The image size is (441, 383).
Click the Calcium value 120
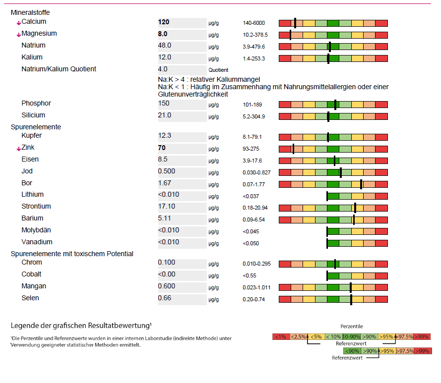pos(164,22)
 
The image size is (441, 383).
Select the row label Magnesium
pos(39,34)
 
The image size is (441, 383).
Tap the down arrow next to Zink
pos(18,148)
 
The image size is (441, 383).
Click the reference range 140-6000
pos(254,23)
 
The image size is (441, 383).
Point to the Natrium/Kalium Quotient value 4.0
pos(163,69)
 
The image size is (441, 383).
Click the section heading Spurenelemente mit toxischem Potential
pos(72,254)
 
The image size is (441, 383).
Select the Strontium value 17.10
pos(166,207)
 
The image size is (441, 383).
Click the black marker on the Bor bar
pos(361,184)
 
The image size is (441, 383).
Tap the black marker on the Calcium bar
pos(295,23)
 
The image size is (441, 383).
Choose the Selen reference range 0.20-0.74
pos(253,300)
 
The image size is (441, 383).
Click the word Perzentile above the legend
pos(351,327)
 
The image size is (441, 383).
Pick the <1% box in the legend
pos(280,337)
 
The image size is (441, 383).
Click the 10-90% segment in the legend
pos(351,337)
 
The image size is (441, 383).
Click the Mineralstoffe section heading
pos(30,12)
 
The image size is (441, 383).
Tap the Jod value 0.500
pos(166,171)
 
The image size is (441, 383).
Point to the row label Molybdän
pos(36,230)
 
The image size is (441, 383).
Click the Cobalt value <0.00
pos(167,274)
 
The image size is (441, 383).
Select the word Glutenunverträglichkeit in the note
pos(193,94)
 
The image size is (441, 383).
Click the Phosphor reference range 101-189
pos(252,105)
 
